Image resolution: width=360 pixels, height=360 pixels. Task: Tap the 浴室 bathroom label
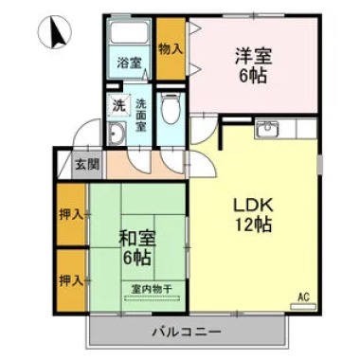click(x=130, y=63)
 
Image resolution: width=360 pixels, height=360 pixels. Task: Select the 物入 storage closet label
click(x=171, y=48)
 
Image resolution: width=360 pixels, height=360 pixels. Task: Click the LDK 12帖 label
click(x=253, y=213)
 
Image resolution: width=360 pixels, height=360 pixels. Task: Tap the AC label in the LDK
click(x=304, y=297)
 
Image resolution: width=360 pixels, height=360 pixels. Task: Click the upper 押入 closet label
click(x=70, y=215)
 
